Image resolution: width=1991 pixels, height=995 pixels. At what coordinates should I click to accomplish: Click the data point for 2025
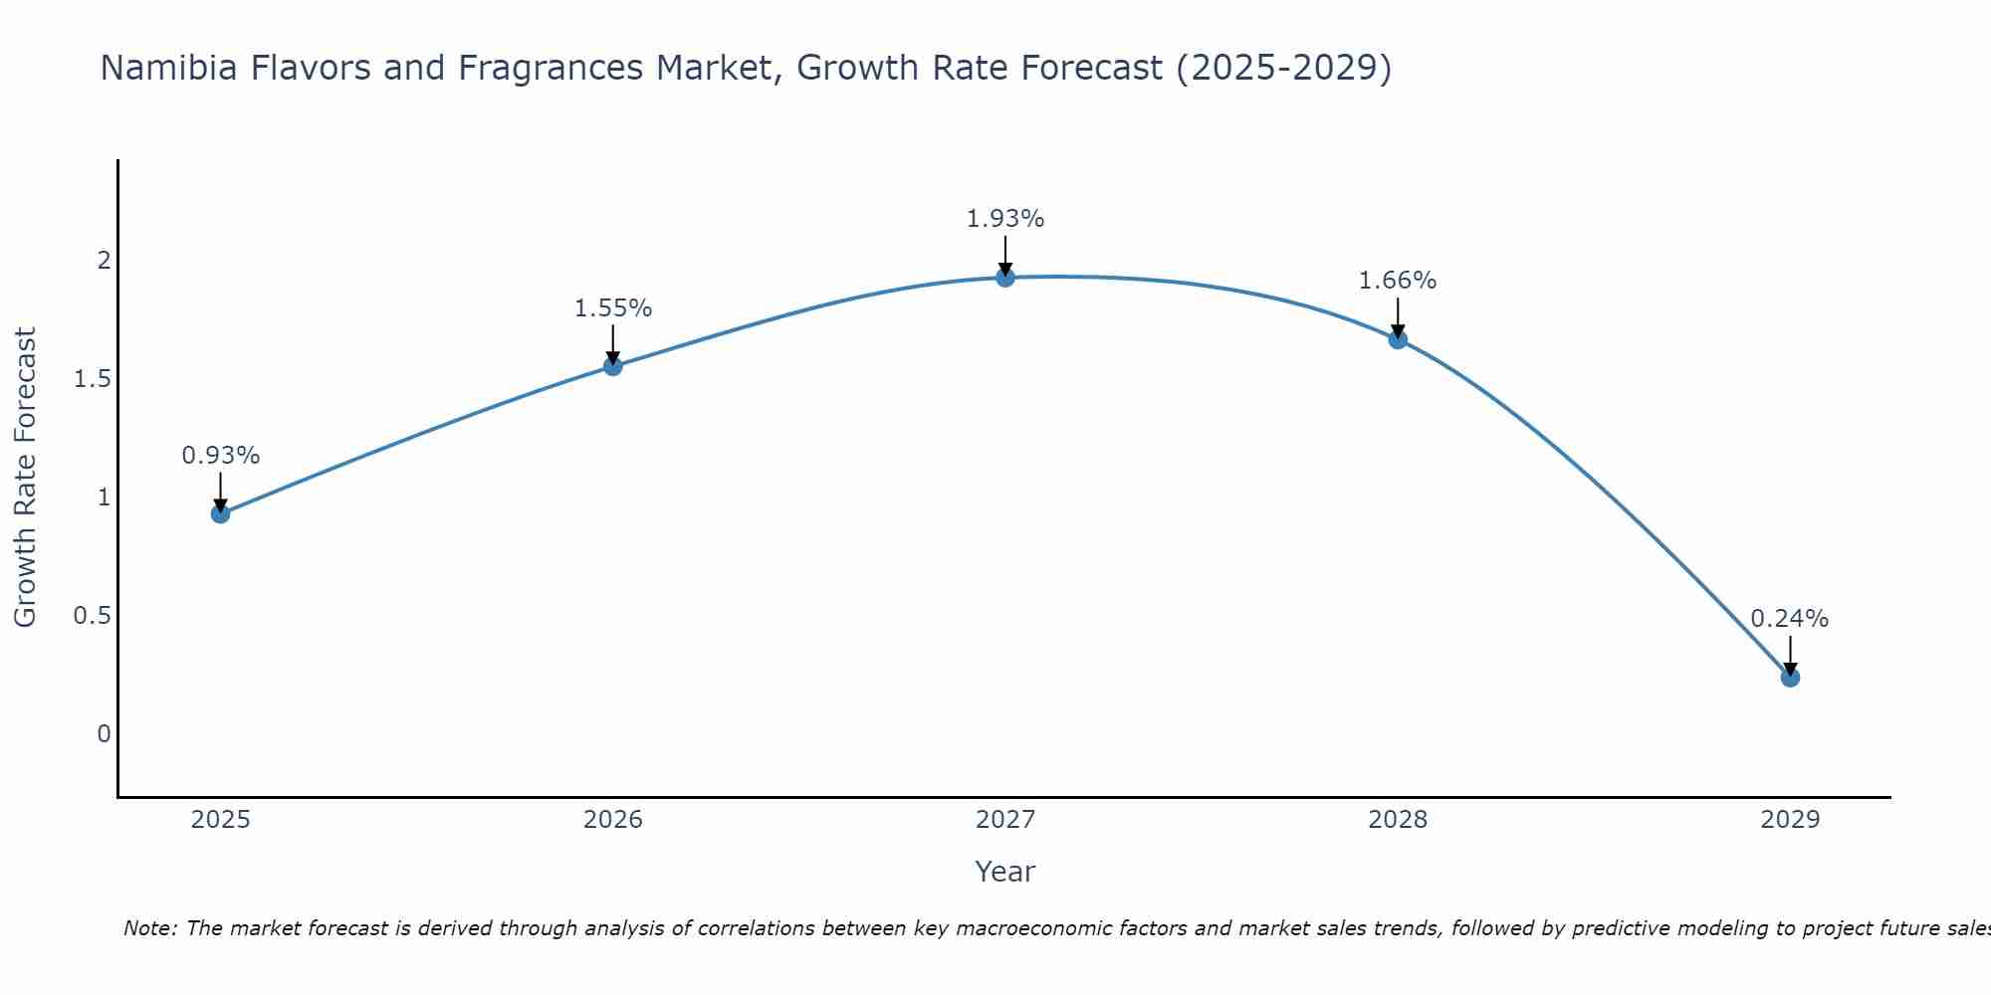click(221, 513)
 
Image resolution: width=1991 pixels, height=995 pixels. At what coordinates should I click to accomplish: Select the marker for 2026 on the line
click(613, 366)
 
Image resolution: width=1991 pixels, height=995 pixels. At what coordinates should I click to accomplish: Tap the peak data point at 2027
click(1005, 277)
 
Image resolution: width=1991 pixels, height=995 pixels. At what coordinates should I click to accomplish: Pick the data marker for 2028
click(1398, 339)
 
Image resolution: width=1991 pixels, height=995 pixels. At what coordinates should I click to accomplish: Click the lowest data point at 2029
click(1790, 678)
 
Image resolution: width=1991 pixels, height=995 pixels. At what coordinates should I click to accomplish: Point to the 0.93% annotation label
click(221, 456)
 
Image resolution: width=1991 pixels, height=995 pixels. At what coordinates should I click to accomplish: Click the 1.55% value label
click(613, 308)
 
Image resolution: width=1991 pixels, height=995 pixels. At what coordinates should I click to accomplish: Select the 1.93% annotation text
click(1005, 219)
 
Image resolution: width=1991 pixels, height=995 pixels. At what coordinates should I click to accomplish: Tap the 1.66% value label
click(1398, 281)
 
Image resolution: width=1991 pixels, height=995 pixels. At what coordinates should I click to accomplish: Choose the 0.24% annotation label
click(1790, 618)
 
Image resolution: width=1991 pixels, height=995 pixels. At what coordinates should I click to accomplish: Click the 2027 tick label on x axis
click(1005, 820)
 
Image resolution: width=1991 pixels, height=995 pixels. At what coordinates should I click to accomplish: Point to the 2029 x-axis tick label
click(1790, 820)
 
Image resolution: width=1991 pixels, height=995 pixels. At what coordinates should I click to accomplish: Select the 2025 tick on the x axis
click(221, 820)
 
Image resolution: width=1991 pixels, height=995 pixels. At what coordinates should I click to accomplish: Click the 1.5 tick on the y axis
click(92, 379)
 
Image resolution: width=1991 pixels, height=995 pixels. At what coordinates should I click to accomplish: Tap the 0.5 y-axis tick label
click(92, 616)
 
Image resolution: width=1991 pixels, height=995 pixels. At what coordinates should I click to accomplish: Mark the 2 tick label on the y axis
click(104, 261)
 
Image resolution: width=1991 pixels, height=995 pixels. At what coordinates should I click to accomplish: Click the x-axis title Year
click(1005, 872)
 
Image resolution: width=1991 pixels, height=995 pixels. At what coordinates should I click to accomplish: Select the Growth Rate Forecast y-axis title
click(26, 478)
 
